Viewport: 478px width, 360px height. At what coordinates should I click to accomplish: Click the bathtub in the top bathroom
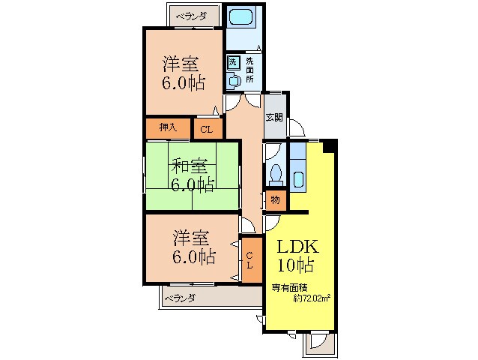pos(243,18)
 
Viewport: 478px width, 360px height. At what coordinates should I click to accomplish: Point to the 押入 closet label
pos(168,127)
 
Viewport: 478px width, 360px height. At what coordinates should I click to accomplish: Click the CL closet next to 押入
pos(207,129)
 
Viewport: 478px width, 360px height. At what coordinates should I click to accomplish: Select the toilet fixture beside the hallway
pos(275,172)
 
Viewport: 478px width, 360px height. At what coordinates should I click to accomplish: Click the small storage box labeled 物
pos(274,200)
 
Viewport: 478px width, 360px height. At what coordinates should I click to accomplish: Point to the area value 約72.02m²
pos(312,298)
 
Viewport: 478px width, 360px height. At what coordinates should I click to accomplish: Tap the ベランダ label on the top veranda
pos(192,15)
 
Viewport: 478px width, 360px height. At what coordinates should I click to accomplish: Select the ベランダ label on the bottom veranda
pos(179,298)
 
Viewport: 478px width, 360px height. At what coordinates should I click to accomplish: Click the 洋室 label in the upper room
pos(183,63)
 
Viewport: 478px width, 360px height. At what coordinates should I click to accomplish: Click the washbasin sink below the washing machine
pos(233,78)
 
